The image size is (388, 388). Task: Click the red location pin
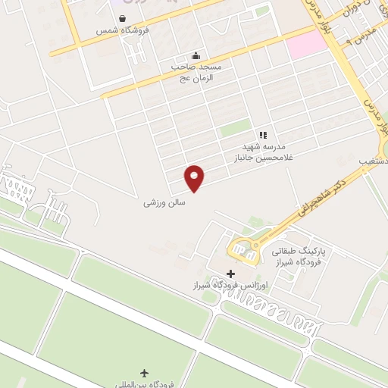[196, 177]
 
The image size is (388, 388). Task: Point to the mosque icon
[197, 55]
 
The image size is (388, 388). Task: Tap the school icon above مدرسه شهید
[263, 135]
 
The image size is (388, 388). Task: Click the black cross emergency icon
[232, 274]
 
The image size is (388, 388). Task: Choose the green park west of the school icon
[236, 127]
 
